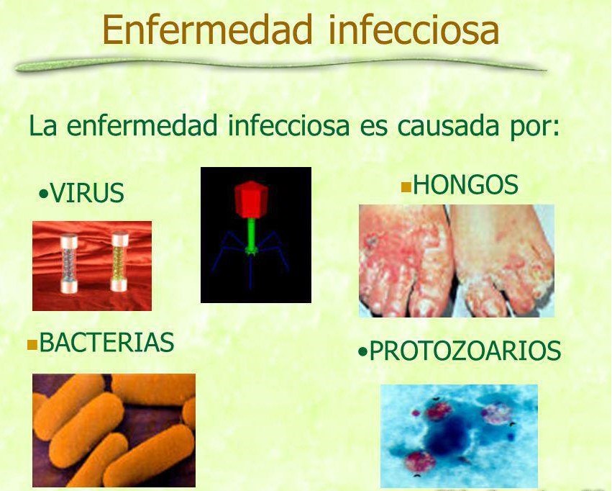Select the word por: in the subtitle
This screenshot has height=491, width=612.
point(534,127)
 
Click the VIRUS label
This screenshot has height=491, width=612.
point(87,194)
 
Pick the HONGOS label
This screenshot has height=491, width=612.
point(465,186)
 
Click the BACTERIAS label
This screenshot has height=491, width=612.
point(106,343)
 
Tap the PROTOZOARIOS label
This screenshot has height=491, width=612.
point(465,351)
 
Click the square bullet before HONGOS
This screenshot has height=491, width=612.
point(406,188)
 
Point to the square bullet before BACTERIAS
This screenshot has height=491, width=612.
point(32,345)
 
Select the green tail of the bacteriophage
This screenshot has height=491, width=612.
point(252,233)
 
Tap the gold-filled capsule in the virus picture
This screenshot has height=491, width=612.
point(119,261)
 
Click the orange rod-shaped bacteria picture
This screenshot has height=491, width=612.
point(114,431)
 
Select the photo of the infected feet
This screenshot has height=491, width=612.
point(457,261)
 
